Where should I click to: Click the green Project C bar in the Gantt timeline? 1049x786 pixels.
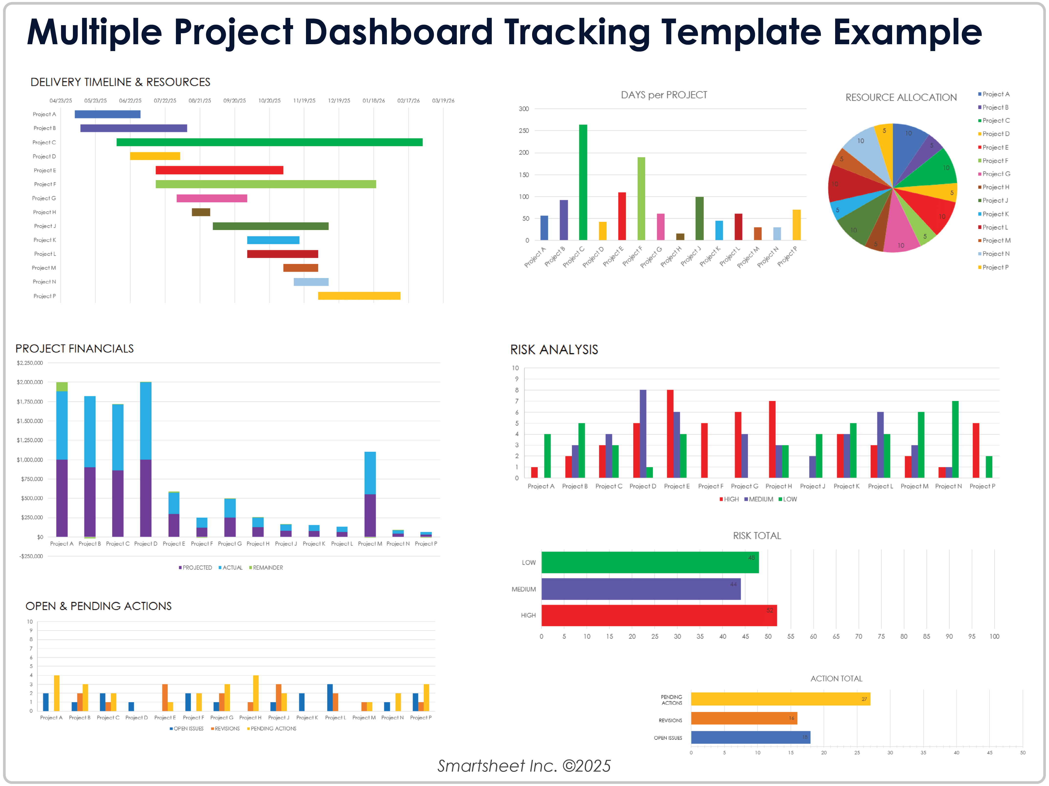pos(269,142)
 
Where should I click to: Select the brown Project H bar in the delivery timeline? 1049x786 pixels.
pos(201,212)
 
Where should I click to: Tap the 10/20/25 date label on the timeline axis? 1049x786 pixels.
pos(269,100)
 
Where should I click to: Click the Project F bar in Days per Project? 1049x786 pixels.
pos(641,199)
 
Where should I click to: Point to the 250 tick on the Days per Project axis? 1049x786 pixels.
pos(524,131)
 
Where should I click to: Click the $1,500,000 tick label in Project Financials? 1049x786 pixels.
pos(30,421)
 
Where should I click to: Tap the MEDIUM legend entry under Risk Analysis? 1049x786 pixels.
pos(759,499)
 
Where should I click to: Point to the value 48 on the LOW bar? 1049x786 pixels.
pos(751,558)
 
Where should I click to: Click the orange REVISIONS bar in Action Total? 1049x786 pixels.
pos(743,718)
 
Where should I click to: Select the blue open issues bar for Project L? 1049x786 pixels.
pos(330,697)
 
